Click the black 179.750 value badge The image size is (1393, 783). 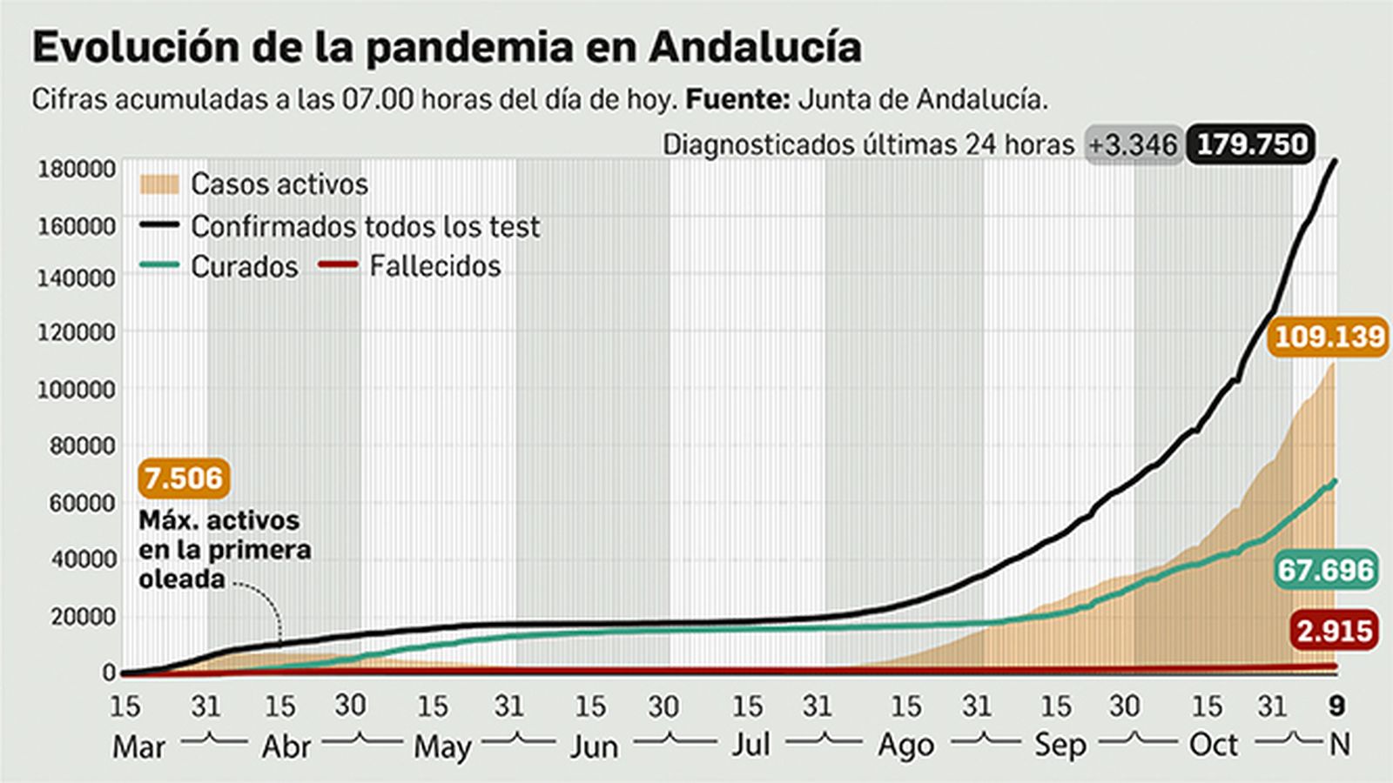click(1252, 144)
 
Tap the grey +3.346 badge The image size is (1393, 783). click(1134, 145)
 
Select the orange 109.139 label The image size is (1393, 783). click(1329, 336)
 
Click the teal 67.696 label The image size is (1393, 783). click(1325, 570)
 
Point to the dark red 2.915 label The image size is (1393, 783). click(1335, 631)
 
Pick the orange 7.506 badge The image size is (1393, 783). click(184, 478)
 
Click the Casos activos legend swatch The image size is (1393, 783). click(158, 184)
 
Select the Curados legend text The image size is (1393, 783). click(244, 266)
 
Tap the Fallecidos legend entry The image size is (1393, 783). click(434, 265)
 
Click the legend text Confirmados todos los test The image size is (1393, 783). click(365, 226)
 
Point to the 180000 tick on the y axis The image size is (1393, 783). click(76, 169)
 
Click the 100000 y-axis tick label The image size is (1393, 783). click(76, 390)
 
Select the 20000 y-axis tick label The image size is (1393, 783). click(82, 617)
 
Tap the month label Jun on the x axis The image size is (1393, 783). click(594, 746)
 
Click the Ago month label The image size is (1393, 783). click(905, 746)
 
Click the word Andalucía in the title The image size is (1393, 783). click(755, 47)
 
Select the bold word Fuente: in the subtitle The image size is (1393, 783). click(737, 99)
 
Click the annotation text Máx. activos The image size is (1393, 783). click(219, 520)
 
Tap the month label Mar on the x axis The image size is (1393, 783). click(138, 746)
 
